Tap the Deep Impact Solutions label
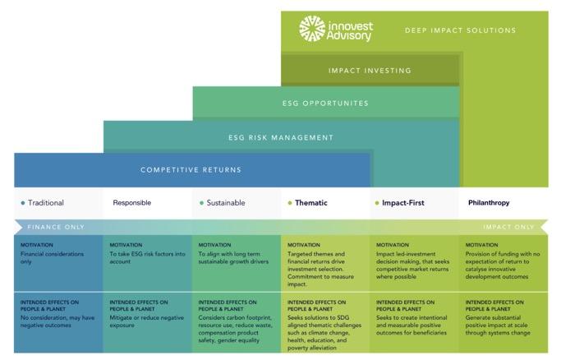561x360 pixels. [460, 31]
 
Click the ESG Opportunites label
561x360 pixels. [326, 104]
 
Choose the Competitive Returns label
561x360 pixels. [191, 170]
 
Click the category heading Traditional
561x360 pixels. [46, 202]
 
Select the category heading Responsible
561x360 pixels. [131, 202]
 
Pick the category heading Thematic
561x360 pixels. [310, 202]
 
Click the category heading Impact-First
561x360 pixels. [402, 202]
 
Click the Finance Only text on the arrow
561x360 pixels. [54, 226]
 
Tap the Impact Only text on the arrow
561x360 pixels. [508, 226]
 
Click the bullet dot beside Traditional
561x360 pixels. [22, 202]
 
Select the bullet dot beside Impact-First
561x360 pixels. [376, 202]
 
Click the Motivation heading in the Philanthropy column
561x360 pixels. [481, 245]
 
